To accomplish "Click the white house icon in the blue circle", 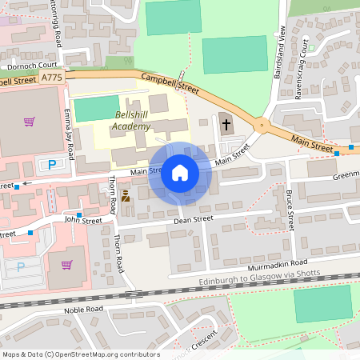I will click(x=180, y=172).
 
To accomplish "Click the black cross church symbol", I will click(x=226, y=124).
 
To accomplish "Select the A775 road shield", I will click(x=51, y=77).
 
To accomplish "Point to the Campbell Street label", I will click(x=170, y=82).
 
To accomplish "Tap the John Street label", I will click(x=83, y=219).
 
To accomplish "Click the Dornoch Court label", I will click(x=30, y=66).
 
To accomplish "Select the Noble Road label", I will click(x=85, y=308).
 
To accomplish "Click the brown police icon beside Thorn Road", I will click(x=126, y=195).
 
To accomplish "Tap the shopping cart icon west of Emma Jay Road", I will click(x=30, y=122).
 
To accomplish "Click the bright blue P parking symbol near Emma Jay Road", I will click(x=53, y=165).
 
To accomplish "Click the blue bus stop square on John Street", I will click(x=78, y=214).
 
